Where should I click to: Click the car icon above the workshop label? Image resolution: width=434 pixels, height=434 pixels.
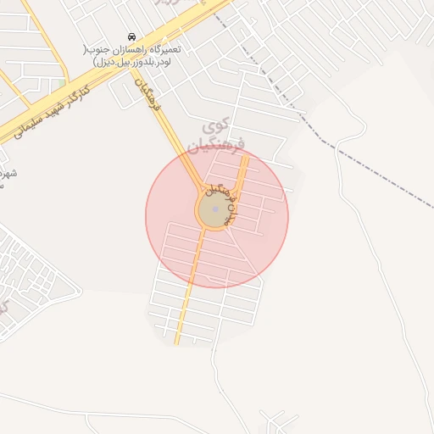tap(131, 38)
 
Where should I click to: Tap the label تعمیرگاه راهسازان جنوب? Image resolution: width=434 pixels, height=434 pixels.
tap(133, 49)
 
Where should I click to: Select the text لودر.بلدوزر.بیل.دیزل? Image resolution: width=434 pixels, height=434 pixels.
tap(133, 61)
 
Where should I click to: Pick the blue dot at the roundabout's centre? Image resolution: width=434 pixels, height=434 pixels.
tap(215, 209)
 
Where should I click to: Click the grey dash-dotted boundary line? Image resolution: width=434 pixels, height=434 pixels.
tap(280, 93)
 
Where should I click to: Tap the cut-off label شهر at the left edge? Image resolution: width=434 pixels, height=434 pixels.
tap(8, 174)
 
